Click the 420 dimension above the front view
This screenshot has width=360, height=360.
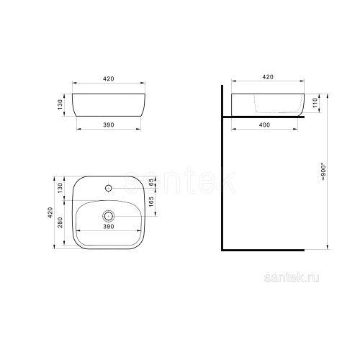[109, 78]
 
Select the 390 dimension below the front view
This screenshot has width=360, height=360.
[109, 125]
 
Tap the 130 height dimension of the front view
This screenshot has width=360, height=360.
[60, 104]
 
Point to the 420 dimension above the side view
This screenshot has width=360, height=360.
[268, 77]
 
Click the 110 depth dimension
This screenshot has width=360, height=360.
[315, 103]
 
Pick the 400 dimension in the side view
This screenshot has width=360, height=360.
[264, 125]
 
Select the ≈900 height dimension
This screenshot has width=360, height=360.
[324, 172]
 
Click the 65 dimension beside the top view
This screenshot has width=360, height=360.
[151, 182]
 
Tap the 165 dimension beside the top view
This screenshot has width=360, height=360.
[151, 202]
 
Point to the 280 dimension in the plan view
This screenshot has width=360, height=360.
[60, 222]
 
